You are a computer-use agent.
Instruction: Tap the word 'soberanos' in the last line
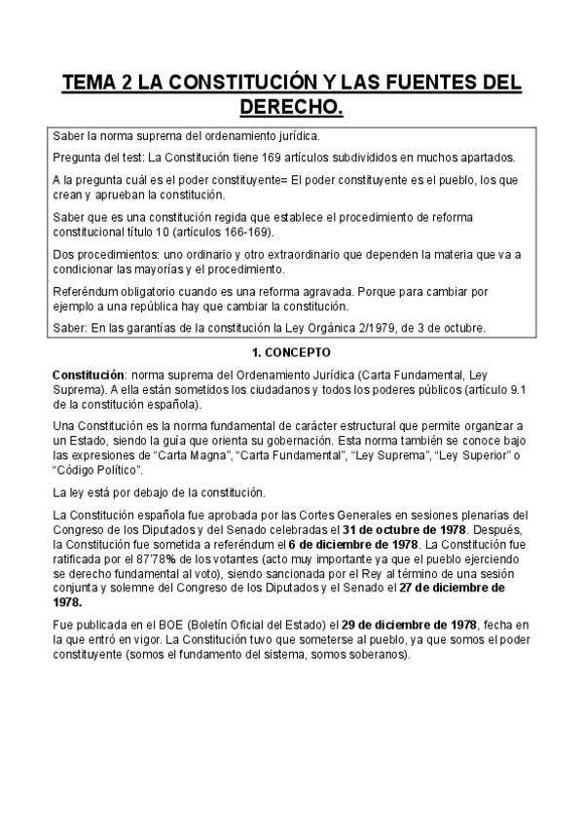click(379, 655)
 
